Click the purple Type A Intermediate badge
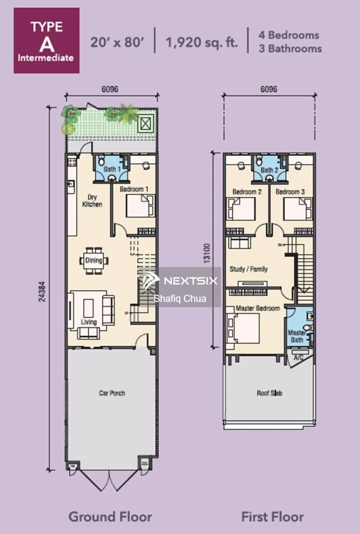click(x=46, y=41)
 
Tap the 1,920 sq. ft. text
click(x=202, y=42)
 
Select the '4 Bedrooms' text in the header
click(x=289, y=35)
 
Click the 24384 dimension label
click(x=42, y=292)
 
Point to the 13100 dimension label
click(x=207, y=253)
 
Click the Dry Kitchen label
click(x=92, y=201)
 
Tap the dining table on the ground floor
click(x=94, y=261)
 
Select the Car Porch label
click(x=112, y=393)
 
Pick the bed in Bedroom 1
click(x=141, y=206)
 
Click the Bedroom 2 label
click(x=247, y=192)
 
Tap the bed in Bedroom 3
click(x=297, y=209)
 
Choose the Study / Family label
click(x=249, y=269)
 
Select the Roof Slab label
click(x=269, y=393)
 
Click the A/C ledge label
click(x=298, y=357)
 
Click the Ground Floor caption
click(x=110, y=517)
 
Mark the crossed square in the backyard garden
click(x=145, y=123)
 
